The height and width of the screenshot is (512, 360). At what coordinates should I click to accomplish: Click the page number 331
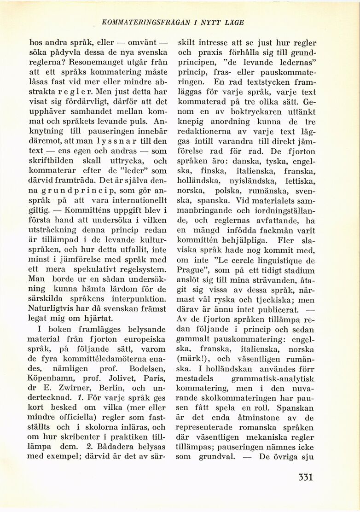click(x=305, y=477)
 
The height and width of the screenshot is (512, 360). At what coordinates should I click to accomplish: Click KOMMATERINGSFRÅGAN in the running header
click(x=142, y=22)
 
